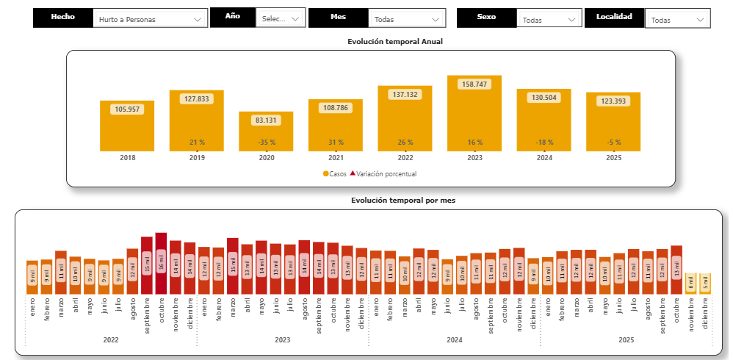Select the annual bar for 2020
click(x=266, y=132)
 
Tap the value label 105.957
click(x=127, y=109)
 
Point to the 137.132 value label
click(x=405, y=95)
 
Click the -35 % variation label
click(x=266, y=142)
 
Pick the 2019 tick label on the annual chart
click(x=197, y=158)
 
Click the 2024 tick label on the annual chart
click(x=544, y=158)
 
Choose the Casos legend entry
click(x=335, y=174)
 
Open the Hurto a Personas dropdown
click(x=151, y=19)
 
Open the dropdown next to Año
click(x=281, y=18)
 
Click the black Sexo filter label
click(x=485, y=17)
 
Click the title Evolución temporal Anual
click(x=395, y=42)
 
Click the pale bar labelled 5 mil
click(x=704, y=284)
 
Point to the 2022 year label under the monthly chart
click(x=111, y=340)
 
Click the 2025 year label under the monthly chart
click(x=626, y=340)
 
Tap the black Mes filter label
click(x=338, y=17)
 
